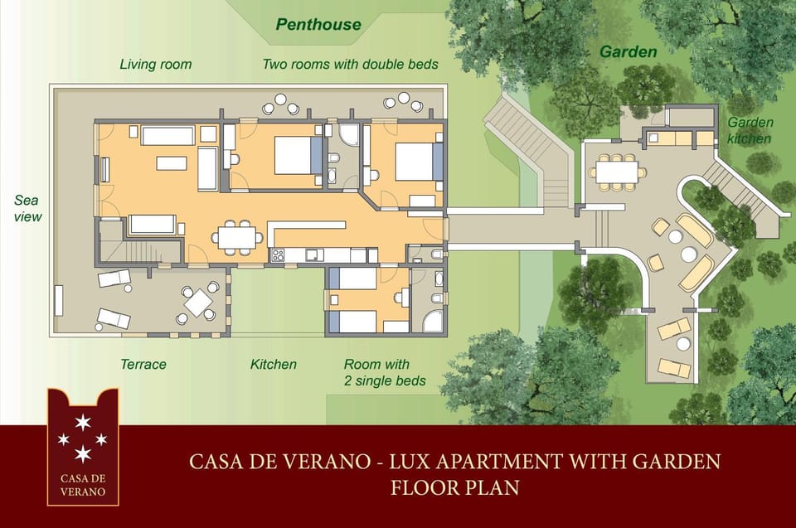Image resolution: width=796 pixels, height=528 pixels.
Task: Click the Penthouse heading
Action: point(318,24)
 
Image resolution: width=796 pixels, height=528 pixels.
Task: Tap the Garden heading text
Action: point(628,51)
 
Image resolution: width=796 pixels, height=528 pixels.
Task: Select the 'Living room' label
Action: point(155,64)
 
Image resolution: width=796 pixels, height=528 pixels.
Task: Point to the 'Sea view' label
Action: point(27,208)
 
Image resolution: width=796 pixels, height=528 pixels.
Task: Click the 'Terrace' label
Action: point(143,364)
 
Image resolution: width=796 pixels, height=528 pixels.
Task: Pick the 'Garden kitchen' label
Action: point(750,130)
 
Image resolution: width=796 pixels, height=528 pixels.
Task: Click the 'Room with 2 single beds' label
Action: point(385,372)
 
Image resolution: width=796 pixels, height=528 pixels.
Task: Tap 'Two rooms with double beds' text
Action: point(350,64)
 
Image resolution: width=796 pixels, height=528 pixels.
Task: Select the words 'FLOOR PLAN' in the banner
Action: point(454,487)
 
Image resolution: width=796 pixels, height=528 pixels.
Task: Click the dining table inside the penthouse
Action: point(237,237)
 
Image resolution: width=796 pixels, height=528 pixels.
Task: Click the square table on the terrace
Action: point(199,303)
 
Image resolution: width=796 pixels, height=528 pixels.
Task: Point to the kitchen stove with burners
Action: point(278,255)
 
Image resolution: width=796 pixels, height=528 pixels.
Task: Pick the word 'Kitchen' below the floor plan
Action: point(274,364)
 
